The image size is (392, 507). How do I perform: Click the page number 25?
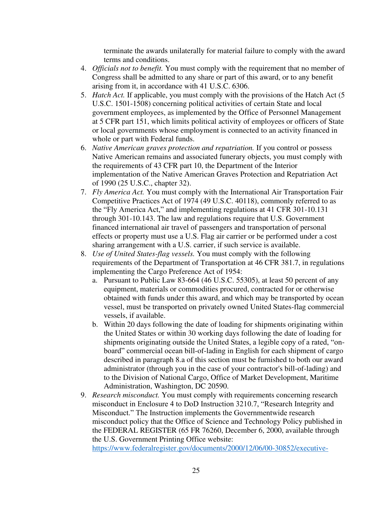tap(196, 470)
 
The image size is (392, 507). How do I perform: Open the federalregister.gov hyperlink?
tap(210, 448)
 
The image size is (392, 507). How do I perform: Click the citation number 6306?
tap(240, 86)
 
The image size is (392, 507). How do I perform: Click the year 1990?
tap(109, 183)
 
